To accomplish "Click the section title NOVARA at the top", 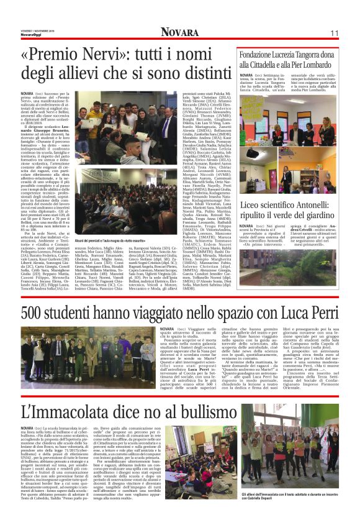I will [180, 32].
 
